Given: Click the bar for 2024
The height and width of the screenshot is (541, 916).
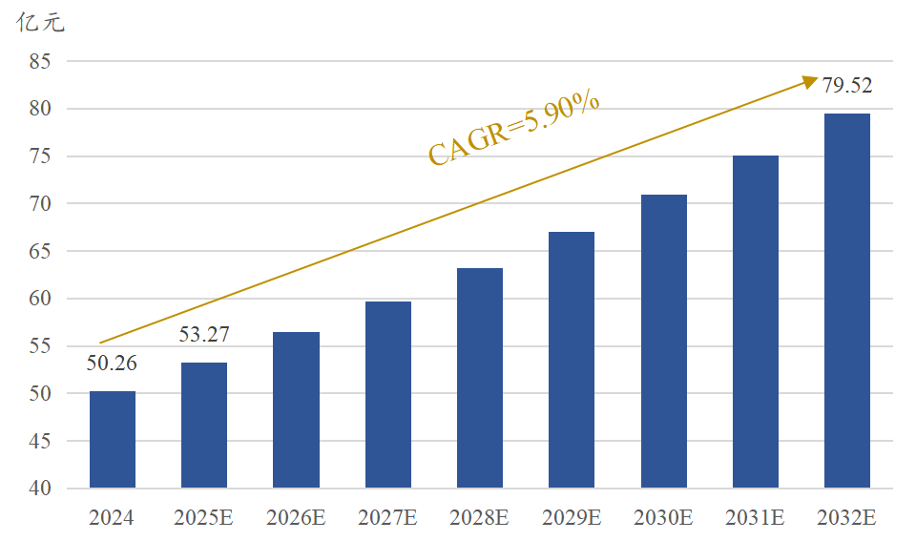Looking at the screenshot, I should point(113,440).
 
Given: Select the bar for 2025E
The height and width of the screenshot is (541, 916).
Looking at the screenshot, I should point(204,426).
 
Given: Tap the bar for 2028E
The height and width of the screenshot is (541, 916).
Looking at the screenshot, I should point(480,378).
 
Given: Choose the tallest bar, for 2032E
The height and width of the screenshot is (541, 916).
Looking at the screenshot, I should point(847,301).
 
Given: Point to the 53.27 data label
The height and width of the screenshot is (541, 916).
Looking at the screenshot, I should point(204,335).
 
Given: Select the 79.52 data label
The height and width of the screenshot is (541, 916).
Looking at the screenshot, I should point(847,86).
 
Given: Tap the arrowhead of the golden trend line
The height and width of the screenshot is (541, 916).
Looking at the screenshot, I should point(811,81).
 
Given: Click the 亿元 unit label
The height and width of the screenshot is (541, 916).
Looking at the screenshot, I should point(40,24).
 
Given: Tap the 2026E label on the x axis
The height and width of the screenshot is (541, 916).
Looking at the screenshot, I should point(296,518).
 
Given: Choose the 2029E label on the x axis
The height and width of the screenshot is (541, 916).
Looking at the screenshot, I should point(572,518).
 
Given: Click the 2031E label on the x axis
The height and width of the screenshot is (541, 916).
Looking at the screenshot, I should point(755,518).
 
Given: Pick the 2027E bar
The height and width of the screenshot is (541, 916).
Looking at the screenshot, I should point(388,395).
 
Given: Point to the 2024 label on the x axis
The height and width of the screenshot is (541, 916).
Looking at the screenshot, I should point(112,518).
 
